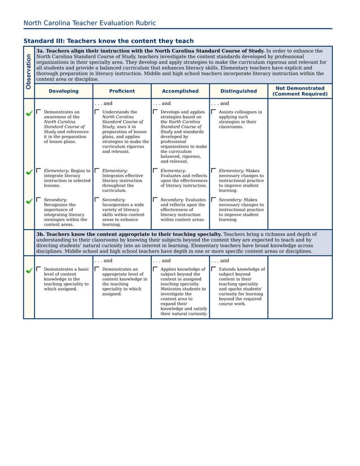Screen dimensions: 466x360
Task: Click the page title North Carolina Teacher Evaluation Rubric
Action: [x=89, y=23]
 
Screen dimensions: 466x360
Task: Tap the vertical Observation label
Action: [x=28, y=71]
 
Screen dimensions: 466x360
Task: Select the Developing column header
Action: [x=63, y=91]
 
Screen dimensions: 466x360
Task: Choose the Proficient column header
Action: [x=122, y=91]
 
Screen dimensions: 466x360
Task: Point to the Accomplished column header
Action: [x=180, y=91]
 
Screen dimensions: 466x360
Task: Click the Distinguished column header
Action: [x=238, y=91]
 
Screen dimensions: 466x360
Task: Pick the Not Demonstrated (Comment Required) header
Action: [x=299, y=91]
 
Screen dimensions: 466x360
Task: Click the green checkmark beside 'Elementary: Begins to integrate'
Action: [x=29, y=172]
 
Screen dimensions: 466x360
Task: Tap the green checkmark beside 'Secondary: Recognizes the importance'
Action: [x=29, y=201]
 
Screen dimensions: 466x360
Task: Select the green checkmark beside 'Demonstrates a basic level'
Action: [x=29, y=271]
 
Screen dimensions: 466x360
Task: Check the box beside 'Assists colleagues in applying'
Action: [x=213, y=112]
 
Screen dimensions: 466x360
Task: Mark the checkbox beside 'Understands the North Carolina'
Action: [x=96, y=112]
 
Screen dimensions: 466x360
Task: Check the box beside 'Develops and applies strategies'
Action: [x=155, y=112]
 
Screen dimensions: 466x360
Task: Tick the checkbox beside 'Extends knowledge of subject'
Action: [x=213, y=269]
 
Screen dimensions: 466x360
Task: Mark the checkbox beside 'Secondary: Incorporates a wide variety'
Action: [x=96, y=199]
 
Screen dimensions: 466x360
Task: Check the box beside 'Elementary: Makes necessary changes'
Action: [x=213, y=170]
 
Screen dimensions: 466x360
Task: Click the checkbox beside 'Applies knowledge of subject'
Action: [x=155, y=269]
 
